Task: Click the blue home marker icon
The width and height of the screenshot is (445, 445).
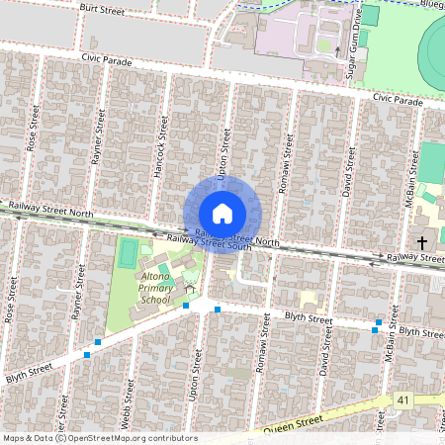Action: [x=222, y=214]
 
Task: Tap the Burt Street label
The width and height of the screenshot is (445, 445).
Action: [x=104, y=10]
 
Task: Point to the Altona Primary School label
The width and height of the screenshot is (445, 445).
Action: [x=155, y=287]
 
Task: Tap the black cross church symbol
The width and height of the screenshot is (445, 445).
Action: [x=422, y=241]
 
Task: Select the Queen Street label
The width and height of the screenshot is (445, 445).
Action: [x=298, y=423]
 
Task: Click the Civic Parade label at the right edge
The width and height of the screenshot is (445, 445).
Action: [x=399, y=101]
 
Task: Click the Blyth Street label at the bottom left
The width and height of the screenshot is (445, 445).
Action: [x=28, y=373]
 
